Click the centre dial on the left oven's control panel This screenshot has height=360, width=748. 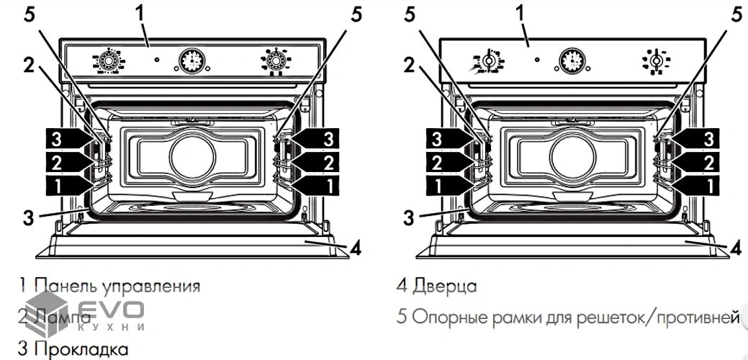click(191, 62)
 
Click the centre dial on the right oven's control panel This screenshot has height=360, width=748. click(573, 62)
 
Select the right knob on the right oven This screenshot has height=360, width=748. click(656, 62)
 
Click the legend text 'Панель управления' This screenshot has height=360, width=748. click(117, 286)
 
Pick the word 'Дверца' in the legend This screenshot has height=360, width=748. click(445, 286)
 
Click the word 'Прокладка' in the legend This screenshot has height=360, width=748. click(81, 349)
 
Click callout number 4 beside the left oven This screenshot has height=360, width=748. click(354, 248)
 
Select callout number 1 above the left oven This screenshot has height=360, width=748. click(140, 12)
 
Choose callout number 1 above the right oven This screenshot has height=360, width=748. click(521, 12)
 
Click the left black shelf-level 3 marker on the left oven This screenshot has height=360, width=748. click(63, 137)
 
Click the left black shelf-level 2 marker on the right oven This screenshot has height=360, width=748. click(445, 161)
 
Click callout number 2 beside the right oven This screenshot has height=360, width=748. click(409, 65)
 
